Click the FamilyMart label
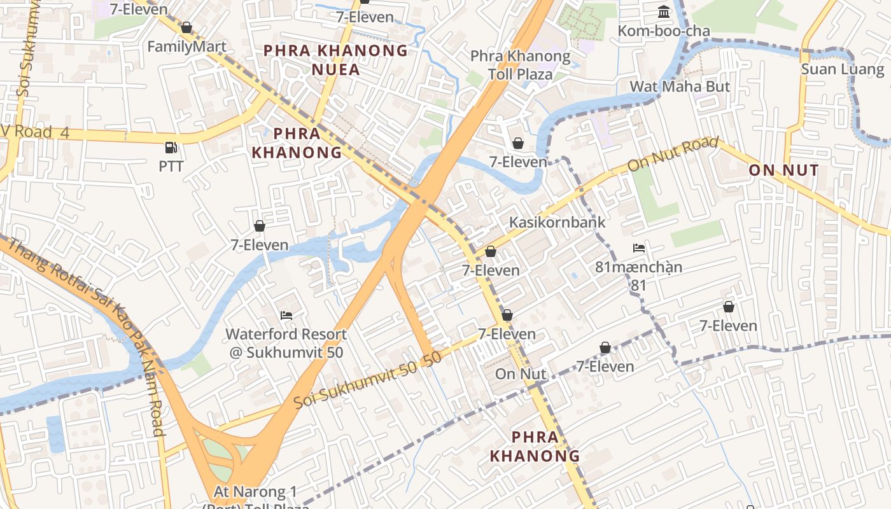click(186, 46)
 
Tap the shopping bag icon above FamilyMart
click(186, 27)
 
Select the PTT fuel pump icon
click(171, 148)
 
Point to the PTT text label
click(171, 166)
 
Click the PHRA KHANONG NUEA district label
click(335, 59)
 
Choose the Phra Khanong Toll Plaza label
click(520, 65)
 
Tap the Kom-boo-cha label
click(664, 31)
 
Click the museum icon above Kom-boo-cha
click(664, 11)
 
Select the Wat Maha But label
click(680, 86)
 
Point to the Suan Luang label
click(842, 69)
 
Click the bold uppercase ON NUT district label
click(783, 170)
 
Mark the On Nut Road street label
click(673, 154)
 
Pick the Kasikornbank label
click(557, 222)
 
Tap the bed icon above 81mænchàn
click(639, 248)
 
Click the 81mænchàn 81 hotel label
click(639, 275)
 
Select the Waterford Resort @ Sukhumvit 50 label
click(286, 342)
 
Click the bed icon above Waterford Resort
click(286, 315)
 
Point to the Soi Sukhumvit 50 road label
click(367, 379)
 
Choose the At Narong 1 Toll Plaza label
click(255, 497)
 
